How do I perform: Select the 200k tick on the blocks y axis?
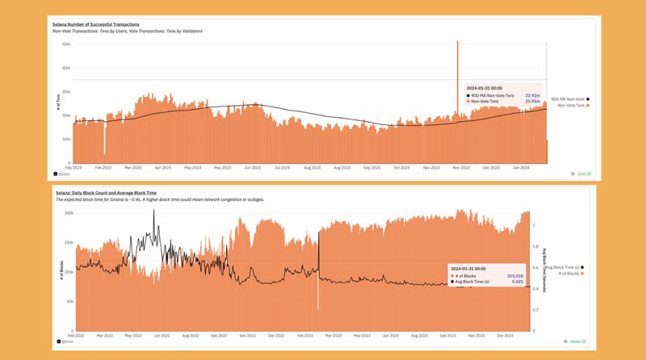[69, 213]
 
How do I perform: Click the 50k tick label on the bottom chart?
[69, 301]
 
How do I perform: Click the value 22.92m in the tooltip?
[533, 95]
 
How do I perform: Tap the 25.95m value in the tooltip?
[533, 103]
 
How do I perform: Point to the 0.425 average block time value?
[517, 283]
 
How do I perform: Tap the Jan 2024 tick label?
[521, 167]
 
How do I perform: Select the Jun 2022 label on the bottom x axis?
[161, 334]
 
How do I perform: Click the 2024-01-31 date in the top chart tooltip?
[486, 87]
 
